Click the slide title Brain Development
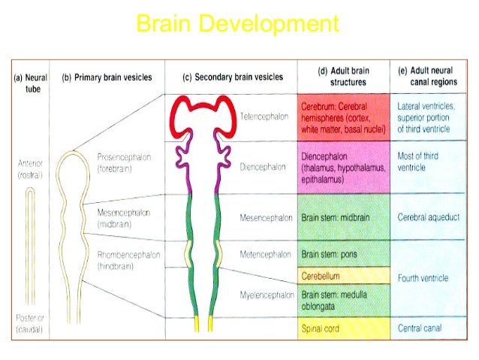point(237,25)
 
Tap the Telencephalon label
point(264,116)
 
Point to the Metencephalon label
point(265,253)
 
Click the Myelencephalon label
point(266,295)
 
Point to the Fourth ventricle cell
point(423,278)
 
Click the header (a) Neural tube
point(32,83)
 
